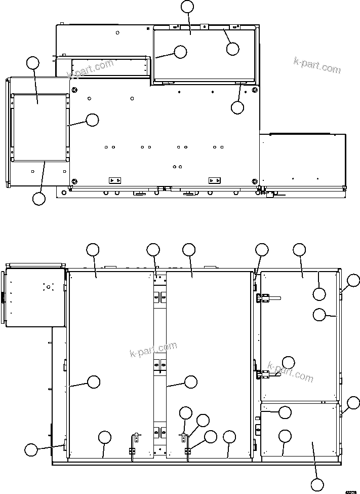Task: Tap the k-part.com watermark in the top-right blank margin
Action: pyautogui.click(x=317, y=66)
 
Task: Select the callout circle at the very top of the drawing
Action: pyautogui.click(x=187, y=6)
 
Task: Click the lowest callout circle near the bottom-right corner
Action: pyautogui.click(x=317, y=485)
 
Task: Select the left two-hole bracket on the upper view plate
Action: pyautogui.click(x=115, y=180)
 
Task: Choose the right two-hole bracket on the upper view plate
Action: pyautogui.click(x=215, y=180)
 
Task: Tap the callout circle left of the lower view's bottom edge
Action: pyautogui.click(x=31, y=449)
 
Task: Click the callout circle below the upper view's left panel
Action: pyautogui.click(x=39, y=199)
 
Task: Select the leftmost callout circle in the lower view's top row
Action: pyautogui.click(x=93, y=249)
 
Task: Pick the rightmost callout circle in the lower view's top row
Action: pyautogui.click(x=300, y=249)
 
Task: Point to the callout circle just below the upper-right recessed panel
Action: pyautogui.click(x=237, y=107)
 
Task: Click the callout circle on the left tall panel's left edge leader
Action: pyautogui.click(x=94, y=382)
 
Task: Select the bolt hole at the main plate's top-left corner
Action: pyautogui.click(x=75, y=90)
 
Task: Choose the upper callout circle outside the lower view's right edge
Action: pyautogui.click(x=353, y=280)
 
